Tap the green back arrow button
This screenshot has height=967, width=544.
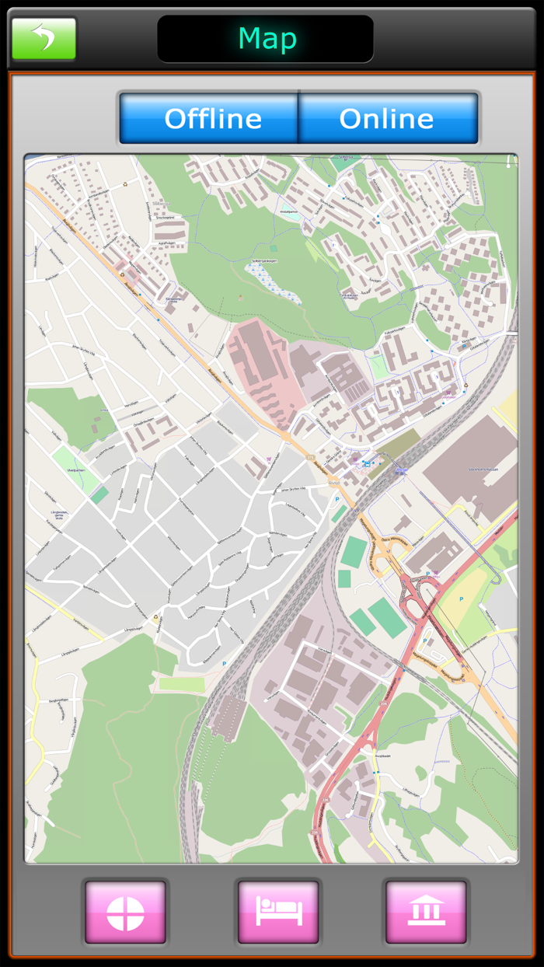pyautogui.click(x=44, y=39)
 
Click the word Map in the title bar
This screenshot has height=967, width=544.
pyautogui.click(x=267, y=39)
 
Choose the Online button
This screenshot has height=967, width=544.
pyautogui.click(x=387, y=118)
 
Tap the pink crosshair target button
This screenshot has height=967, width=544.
pyautogui.click(x=125, y=912)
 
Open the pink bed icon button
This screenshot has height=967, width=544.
pyautogui.click(x=277, y=912)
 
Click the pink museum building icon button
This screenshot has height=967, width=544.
pyautogui.click(x=426, y=912)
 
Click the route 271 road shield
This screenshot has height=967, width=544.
pyautogui.click(x=309, y=457)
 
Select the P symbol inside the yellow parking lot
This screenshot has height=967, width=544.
pyautogui.click(x=461, y=599)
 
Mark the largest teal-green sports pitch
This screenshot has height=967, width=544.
pyautogui.click(x=387, y=618)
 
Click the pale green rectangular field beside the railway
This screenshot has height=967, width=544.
pyautogui.click(x=181, y=683)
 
